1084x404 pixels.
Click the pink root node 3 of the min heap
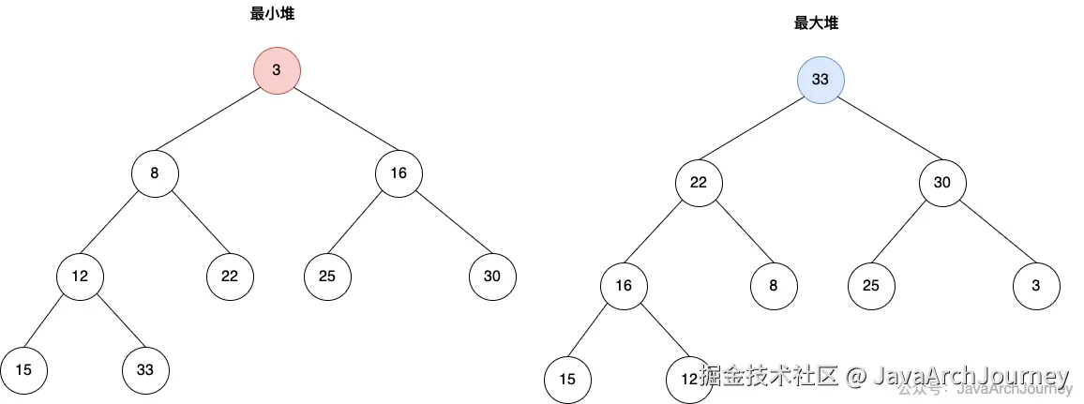pyautogui.click(x=277, y=70)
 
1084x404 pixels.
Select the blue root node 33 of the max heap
pyautogui.click(x=821, y=80)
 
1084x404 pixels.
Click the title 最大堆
pyautogui.click(x=816, y=23)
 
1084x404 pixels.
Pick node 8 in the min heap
pyautogui.click(x=155, y=173)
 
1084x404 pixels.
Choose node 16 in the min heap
pyautogui.click(x=399, y=173)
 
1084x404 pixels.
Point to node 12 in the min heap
pyautogui.click(x=80, y=277)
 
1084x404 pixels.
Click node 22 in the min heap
pyautogui.click(x=230, y=277)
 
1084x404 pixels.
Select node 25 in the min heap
pyautogui.click(x=327, y=277)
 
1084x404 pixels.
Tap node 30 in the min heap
pyautogui.click(x=492, y=277)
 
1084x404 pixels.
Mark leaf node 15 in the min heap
pyautogui.click(x=23, y=369)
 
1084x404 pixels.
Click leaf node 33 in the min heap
pyautogui.click(x=145, y=369)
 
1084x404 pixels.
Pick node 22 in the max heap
pyautogui.click(x=699, y=183)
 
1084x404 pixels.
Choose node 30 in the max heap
pyautogui.click(x=942, y=183)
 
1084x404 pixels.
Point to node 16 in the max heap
pyautogui.click(x=624, y=286)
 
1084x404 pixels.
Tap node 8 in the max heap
pyautogui.click(x=774, y=286)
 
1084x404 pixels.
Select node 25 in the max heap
pyautogui.click(x=871, y=286)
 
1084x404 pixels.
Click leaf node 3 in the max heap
pyautogui.click(x=1036, y=286)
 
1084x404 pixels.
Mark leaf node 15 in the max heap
pyautogui.click(x=567, y=379)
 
